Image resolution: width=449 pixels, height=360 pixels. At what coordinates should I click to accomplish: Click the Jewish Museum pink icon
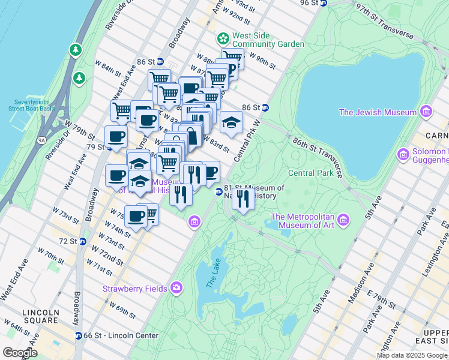[x=426, y=112]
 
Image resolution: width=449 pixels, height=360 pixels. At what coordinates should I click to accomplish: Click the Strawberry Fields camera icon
[x=176, y=289]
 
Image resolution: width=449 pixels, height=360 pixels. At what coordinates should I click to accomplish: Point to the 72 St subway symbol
[x=83, y=241]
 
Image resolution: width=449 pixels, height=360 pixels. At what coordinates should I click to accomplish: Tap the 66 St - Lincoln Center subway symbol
[x=78, y=335]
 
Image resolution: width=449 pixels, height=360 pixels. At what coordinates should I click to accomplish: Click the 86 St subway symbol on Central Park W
[x=265, y=107]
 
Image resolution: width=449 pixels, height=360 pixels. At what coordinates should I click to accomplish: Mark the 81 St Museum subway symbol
[x=218, y=191]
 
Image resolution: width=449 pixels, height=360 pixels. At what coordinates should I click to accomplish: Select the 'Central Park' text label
[x=310, y=173]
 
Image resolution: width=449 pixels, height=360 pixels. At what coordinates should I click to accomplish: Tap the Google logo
[x=20, y=352]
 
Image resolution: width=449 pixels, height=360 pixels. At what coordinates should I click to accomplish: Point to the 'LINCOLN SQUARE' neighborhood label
[x=41, y=317]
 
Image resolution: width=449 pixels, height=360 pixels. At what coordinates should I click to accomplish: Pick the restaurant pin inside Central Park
[x=243, y=198]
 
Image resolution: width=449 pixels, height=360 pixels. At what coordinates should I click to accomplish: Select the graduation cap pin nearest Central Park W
[x=231, y=123]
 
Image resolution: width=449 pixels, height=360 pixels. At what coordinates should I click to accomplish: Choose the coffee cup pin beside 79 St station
[x=116, y=136]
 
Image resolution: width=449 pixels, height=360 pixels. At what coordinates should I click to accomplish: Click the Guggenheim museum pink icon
[x=403, y=155]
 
